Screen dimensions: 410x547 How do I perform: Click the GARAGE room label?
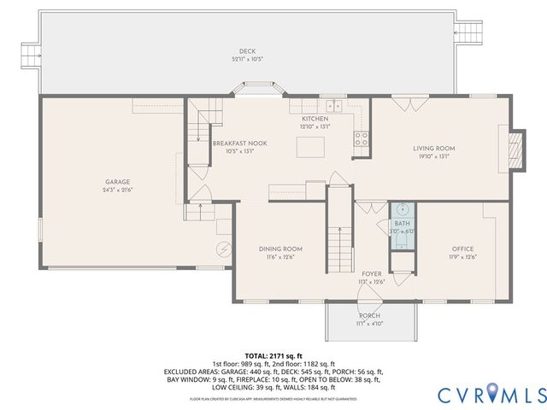pyautogui.click(x=117, y=182)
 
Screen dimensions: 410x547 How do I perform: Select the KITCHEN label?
pyautogui.click(x=314, y=119)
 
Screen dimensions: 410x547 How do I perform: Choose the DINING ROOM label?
pyautogui.click(x=281, y=249)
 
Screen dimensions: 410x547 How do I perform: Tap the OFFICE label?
pyautogui.click(x=462, y=249)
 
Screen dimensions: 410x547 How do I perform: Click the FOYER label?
pyautogui.click(x=371, y=273)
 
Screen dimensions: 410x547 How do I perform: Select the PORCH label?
pyautogui.click(x=369, y=315)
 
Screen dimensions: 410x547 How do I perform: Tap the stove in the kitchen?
pyautogui.click(x=362, y=138)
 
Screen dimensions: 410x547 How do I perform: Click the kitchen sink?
pyautogui.click(x=330, y=106)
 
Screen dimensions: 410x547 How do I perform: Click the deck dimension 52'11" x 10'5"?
pyautogui.click(x=248, y=58)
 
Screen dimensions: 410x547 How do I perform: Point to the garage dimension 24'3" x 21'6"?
pyautogui.click(x=117, y=190)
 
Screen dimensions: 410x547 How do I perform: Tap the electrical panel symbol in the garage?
pyautogui.click(x=225, y=249)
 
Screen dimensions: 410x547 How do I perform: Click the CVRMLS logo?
pyautogui.click(x=491, y=394)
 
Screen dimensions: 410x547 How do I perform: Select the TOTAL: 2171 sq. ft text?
pyautogui.click(x=273, y=354)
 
